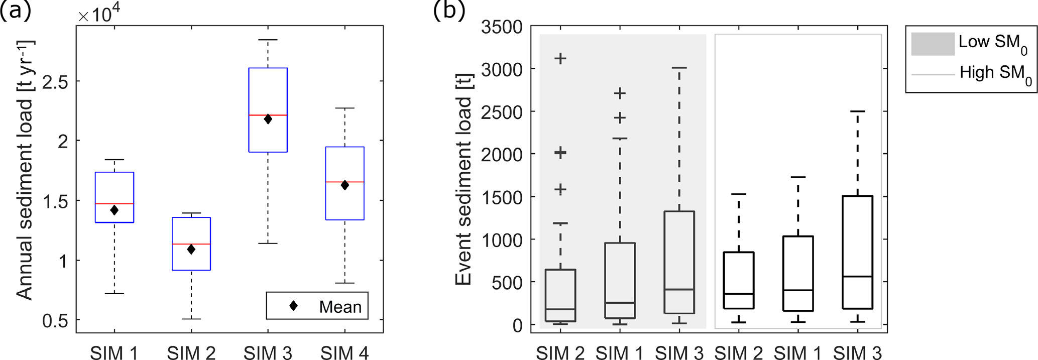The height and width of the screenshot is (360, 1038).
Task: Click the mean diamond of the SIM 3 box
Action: pos(268,119)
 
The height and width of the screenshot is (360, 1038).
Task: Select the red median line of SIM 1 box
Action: pos(114,204)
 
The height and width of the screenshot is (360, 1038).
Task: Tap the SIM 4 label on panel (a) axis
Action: pos(344,353)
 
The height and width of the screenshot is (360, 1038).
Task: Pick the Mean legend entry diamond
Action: pos(294,306)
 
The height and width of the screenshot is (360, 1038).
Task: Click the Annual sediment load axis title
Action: pos(25,171)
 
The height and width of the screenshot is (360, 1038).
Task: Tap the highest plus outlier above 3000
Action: pos(560,59)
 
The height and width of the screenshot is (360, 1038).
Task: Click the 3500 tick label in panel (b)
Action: pos(502,27)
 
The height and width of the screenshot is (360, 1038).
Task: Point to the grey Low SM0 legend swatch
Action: pos(933,44)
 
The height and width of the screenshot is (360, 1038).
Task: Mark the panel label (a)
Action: pos(16,10)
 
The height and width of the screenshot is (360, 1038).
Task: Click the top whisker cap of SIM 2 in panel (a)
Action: pos(191,213)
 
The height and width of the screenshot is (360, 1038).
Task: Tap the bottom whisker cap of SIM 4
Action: pos(344,283)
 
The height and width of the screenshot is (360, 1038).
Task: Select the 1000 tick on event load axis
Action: pos(502,239)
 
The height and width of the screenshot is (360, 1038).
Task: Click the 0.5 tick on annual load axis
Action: pos(55,320)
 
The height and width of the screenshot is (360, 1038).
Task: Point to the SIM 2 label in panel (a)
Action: pos(191,353)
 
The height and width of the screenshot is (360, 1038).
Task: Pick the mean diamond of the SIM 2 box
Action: pos(191,250)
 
